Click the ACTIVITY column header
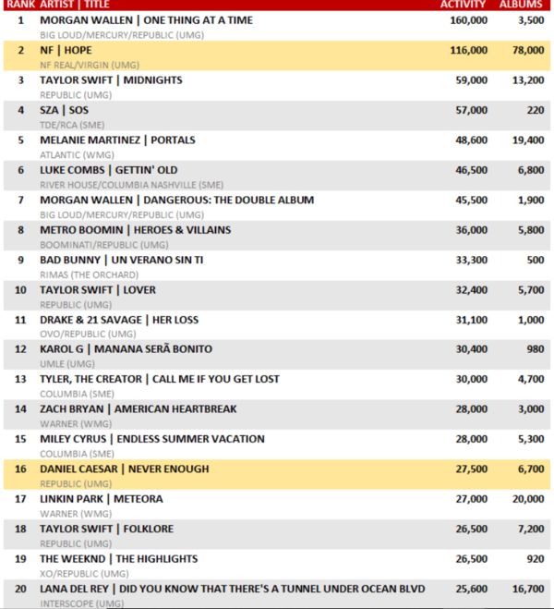463,5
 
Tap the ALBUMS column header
521,5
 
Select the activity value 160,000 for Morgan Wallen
469,20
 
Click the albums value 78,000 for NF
528,50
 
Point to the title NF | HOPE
66,50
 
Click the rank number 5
21,140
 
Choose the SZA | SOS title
64,110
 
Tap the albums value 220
536,110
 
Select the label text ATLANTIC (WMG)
77,155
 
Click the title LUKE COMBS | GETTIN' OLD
109,170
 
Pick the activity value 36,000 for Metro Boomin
472,230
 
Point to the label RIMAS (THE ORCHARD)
90,274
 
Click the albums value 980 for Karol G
536,349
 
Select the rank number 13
20,379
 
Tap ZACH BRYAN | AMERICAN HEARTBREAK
138,409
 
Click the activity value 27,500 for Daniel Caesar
472,469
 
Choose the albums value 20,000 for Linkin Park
528,499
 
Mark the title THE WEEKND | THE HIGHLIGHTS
119,559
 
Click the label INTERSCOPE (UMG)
82,603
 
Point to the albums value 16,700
528,589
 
